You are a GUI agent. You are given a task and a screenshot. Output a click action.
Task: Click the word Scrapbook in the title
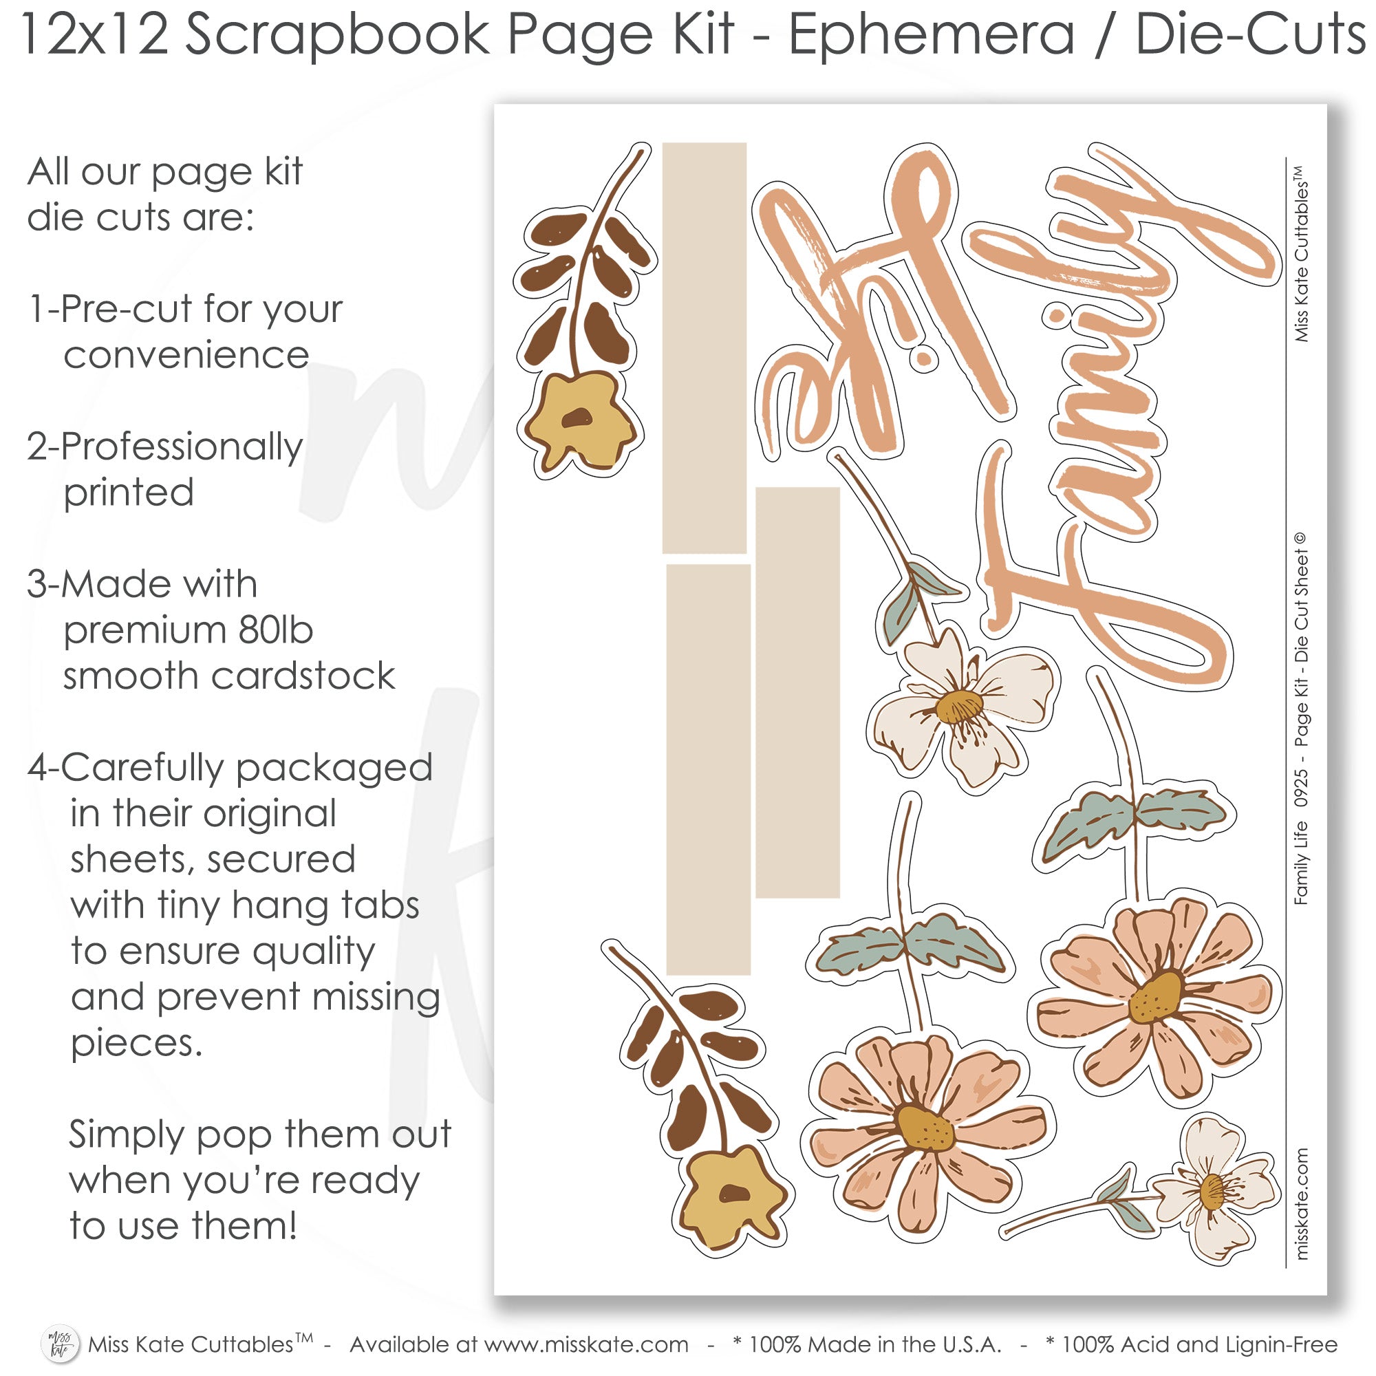(338, 36)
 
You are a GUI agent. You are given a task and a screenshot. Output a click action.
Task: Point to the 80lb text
(276, 630)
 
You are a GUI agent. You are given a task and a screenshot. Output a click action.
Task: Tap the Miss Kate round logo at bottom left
(61, 1343)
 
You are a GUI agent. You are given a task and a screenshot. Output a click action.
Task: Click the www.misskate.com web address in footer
(586, 1344)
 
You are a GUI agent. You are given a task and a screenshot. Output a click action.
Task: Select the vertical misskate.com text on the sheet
(1300, 1203)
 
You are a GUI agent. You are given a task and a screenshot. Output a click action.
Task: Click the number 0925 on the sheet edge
(1300, 787)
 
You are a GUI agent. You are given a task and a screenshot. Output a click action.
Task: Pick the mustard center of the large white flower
(959, 707)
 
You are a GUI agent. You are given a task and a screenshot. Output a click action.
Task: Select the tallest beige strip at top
(705, 347)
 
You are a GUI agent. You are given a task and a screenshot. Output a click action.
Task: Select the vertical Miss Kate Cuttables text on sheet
(1300, 254)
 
